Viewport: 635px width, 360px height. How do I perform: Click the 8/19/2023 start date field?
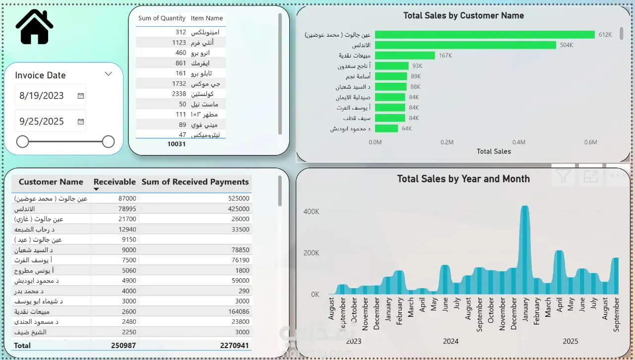[42, 96]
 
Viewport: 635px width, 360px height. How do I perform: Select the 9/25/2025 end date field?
[42, 121]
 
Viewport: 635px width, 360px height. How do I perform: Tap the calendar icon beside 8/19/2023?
[81, 96]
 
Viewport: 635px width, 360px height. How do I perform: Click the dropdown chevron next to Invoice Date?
[109, 74]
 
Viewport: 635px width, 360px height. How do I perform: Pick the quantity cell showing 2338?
[179, 94]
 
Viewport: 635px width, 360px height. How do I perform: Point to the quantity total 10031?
[176, 144]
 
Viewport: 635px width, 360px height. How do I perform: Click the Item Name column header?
[207, 18]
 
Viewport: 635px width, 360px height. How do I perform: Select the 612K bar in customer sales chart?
[484, 35]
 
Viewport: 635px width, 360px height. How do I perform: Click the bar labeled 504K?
[465, 45]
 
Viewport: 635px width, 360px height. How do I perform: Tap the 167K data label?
[445, 56]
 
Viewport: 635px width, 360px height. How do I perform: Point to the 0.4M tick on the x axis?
[519, 142]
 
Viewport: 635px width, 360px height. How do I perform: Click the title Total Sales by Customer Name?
[463, 15]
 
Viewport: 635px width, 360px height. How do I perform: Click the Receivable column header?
[115, 182]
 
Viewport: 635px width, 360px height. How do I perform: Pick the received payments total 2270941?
[234, 346]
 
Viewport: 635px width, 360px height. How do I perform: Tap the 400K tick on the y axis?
[311, 212]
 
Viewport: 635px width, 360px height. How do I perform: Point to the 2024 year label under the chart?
[450, 341]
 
